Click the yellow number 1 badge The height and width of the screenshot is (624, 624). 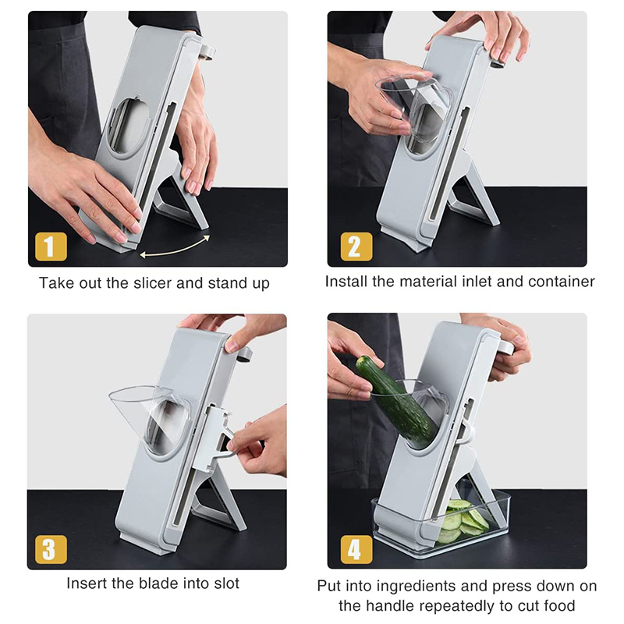click(x=51, y=246)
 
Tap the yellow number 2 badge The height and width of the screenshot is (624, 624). click(x=356, y=246)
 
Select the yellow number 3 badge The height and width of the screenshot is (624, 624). click(x=51, y=549)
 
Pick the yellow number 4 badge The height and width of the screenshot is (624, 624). click(x=356, y=549)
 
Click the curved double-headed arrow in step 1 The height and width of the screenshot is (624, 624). click(x=175, y=249)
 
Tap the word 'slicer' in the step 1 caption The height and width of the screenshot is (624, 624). click(x=153, y=283)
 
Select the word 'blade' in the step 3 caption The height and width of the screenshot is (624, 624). click(x=159, y=583)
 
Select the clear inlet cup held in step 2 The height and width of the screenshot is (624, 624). click(x=414, y=108)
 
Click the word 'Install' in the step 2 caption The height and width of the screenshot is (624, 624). click(x=346, y=282)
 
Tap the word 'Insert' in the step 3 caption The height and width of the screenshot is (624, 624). click(x=87, y=583)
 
